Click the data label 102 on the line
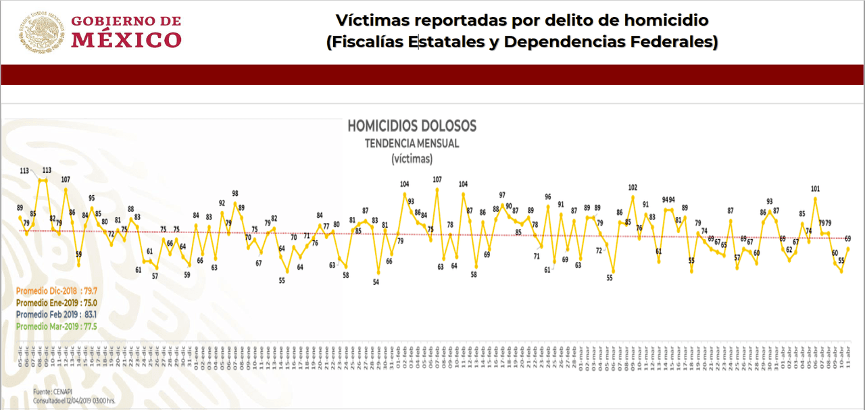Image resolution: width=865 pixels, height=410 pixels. coord(633,188)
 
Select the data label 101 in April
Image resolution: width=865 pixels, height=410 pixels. coord(816,189)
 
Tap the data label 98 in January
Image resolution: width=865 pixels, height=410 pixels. coord(235,194)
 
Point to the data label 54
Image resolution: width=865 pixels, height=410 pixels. coord(376,282)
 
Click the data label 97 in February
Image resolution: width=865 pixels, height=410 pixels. coord(502,195)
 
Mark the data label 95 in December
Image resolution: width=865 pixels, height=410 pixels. coord(92,199)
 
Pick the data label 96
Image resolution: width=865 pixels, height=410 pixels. coord(548,197)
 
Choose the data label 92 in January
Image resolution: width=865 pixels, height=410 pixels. coord(222,203)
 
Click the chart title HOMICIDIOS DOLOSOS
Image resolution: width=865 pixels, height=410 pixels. coord(412,126)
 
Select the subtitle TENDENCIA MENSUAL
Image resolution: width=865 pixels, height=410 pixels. coord(412,143)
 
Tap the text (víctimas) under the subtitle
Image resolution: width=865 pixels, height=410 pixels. coord(412,159)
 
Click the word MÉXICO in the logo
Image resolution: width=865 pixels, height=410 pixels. coord(126,40)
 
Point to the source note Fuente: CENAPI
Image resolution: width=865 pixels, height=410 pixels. coord(52,392)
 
